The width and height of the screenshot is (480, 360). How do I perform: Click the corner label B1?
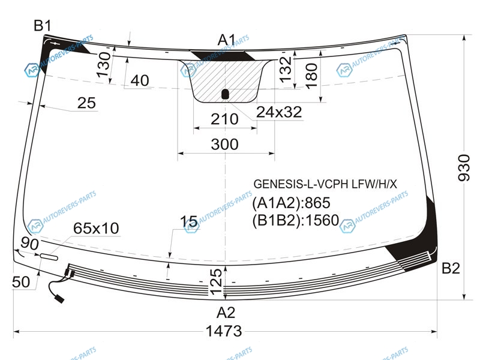point(42,25)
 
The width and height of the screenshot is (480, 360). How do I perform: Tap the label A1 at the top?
point(227,40)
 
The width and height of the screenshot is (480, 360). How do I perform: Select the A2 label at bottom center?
point(226,313)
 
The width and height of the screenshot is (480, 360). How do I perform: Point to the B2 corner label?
point(451,268)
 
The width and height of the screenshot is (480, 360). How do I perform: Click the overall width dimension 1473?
point(224,331)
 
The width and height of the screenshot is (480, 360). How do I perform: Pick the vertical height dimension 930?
point(464,168)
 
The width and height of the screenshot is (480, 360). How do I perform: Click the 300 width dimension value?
point(224,144)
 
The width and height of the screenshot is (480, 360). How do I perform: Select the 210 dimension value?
point(224,119)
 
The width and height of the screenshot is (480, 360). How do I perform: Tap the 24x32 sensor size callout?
point(279,112)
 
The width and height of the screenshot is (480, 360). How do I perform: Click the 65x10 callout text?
point(96,229)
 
